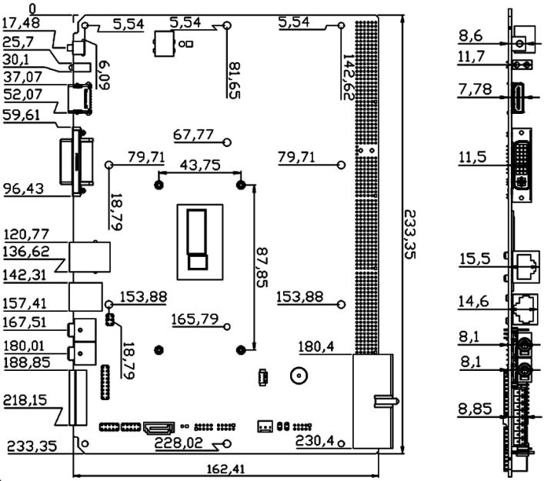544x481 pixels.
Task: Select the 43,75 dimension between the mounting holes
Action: point(199,165)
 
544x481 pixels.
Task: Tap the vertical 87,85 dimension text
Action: point(264,266)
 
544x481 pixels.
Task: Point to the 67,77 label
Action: point(193,135)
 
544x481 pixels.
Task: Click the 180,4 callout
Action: point(316,348)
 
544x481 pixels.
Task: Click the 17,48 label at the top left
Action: point(22,23)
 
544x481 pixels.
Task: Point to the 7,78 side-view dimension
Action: point(472,91)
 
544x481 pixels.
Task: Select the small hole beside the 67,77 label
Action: point(227,142)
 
